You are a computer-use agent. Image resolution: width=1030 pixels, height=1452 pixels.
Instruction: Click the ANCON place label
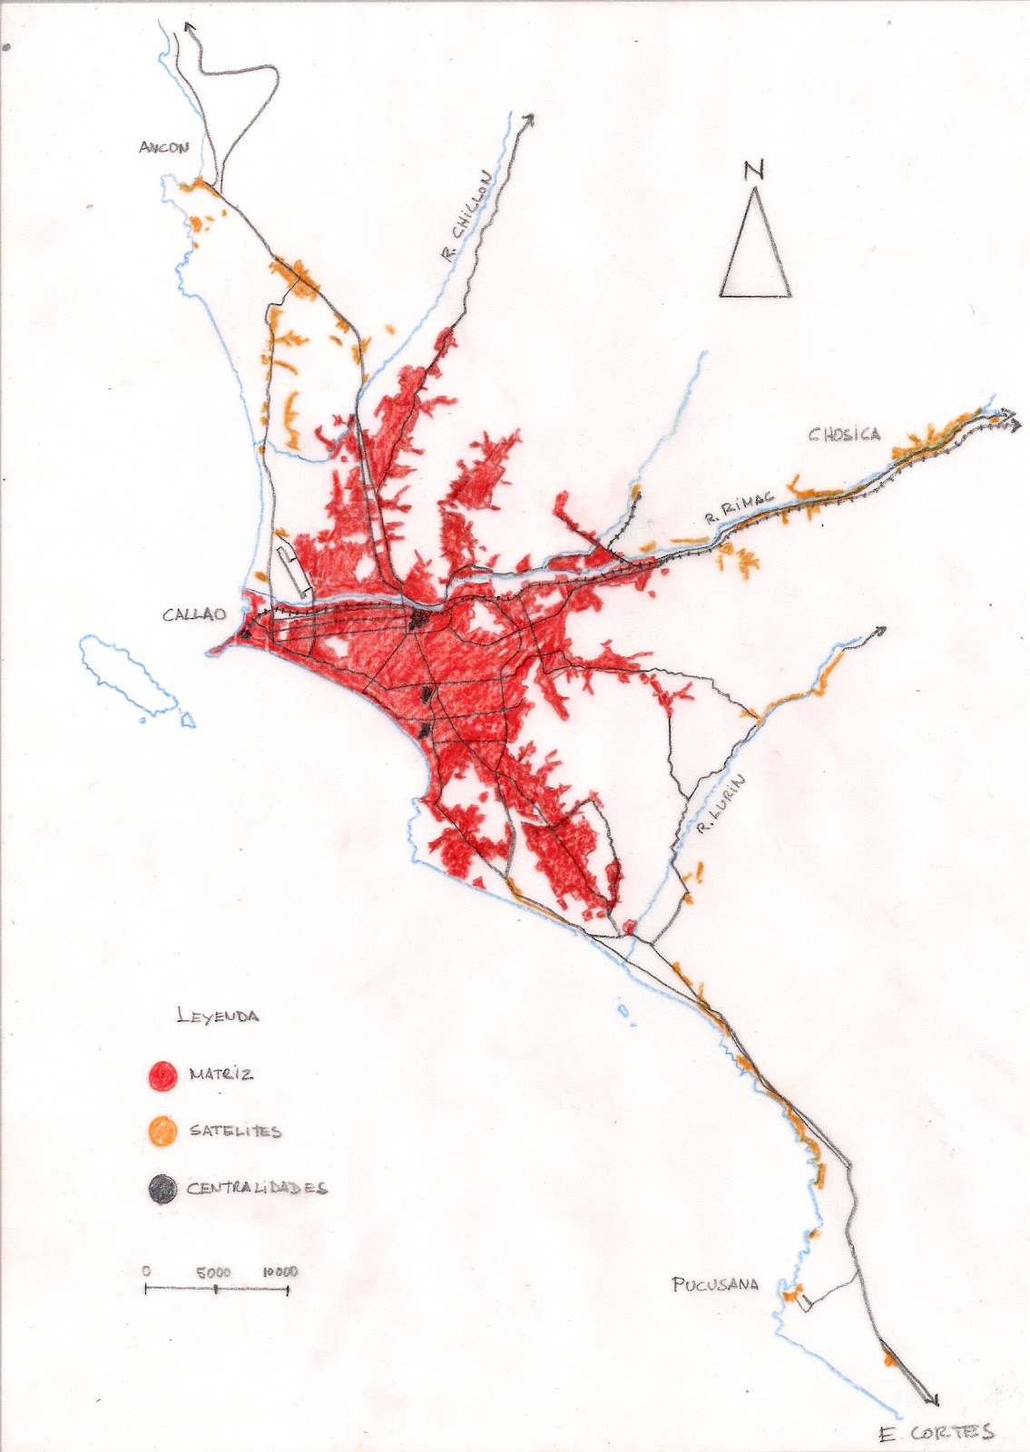(x=163, y=148)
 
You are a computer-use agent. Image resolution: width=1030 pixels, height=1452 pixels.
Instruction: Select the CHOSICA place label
(x=844, y=434)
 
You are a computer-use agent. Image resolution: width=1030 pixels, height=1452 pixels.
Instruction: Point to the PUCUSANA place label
(x=715, y=1284)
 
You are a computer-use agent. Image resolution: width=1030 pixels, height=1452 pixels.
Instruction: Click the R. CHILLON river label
(x=466, y=217)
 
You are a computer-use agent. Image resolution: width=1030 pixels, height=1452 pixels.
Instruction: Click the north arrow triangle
(x=755, y=250)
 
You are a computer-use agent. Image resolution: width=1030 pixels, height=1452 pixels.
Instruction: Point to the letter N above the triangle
(x=751, y=171)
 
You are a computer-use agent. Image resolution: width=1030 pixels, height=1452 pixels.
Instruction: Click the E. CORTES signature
(x=936, y=1433)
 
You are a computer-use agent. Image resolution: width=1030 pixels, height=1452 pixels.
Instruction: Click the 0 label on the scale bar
(x=147, y=1272)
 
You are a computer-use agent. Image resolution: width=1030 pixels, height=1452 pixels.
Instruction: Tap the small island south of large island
(x=186, y=718)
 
